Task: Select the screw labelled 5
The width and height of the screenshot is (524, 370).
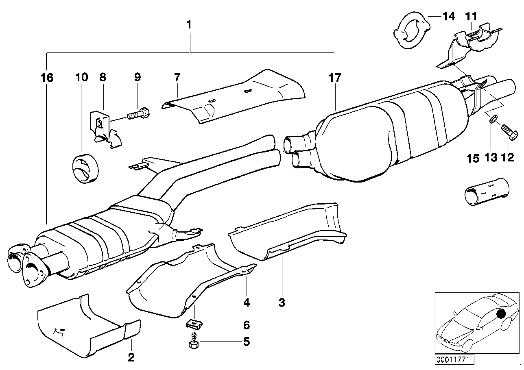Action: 194,342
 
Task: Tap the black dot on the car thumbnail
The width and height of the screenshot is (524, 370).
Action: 500,313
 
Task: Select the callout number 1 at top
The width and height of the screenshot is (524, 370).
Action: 188,25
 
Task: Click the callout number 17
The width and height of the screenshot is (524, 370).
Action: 335,78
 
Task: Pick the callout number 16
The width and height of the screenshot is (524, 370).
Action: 47,78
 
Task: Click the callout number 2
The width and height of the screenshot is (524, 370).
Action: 131,357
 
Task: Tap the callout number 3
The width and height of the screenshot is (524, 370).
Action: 282,302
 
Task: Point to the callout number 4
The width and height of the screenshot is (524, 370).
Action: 247,302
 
